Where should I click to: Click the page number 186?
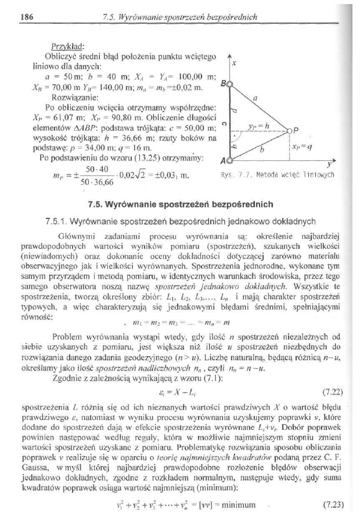coord(25,17)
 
